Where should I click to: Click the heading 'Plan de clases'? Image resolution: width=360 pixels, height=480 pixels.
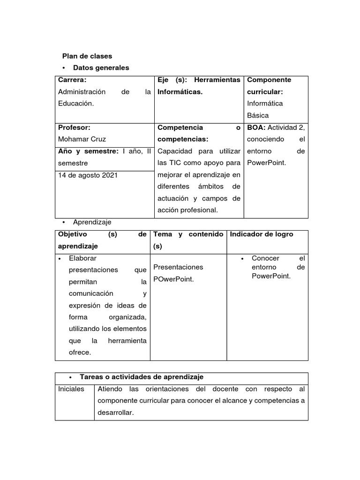87,56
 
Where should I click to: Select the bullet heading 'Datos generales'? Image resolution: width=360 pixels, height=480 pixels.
101,68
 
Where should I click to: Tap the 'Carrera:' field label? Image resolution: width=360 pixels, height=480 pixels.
72,80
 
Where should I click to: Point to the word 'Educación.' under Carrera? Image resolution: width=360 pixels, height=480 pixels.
76,104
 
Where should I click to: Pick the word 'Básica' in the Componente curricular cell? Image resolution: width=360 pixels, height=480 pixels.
258,115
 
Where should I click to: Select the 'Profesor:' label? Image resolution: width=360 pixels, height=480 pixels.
74,127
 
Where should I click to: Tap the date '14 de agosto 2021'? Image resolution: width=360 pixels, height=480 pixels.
88,175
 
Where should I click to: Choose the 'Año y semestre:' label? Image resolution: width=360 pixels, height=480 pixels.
88,151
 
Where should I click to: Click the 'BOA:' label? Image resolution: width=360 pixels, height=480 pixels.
256,127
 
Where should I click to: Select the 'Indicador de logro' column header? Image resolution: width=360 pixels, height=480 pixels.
261,234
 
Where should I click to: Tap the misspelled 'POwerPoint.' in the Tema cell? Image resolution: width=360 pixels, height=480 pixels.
173,279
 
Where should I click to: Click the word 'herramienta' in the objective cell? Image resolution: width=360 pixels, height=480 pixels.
127,341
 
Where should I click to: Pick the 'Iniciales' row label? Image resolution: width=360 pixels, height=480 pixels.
71,389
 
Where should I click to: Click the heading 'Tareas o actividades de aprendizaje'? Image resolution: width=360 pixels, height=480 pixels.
142,377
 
